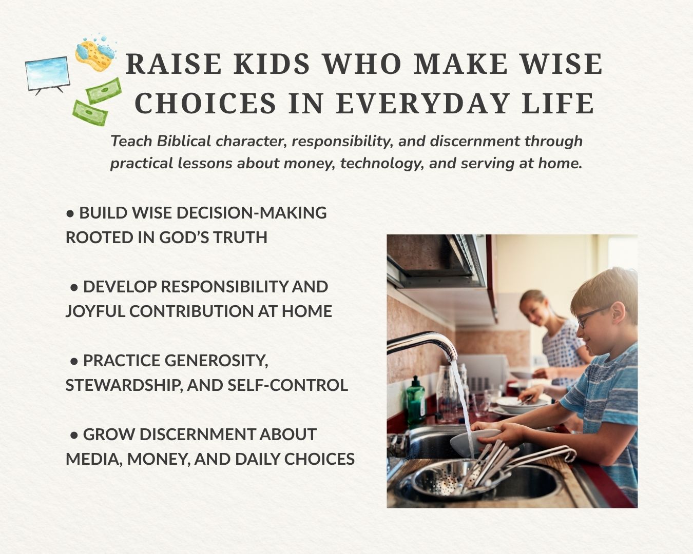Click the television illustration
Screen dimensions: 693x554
[48, 75]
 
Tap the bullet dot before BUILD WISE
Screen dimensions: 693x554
[70, 213]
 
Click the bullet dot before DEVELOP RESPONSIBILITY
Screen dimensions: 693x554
[74, 287]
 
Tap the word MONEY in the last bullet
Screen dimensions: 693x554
[158, 459]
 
